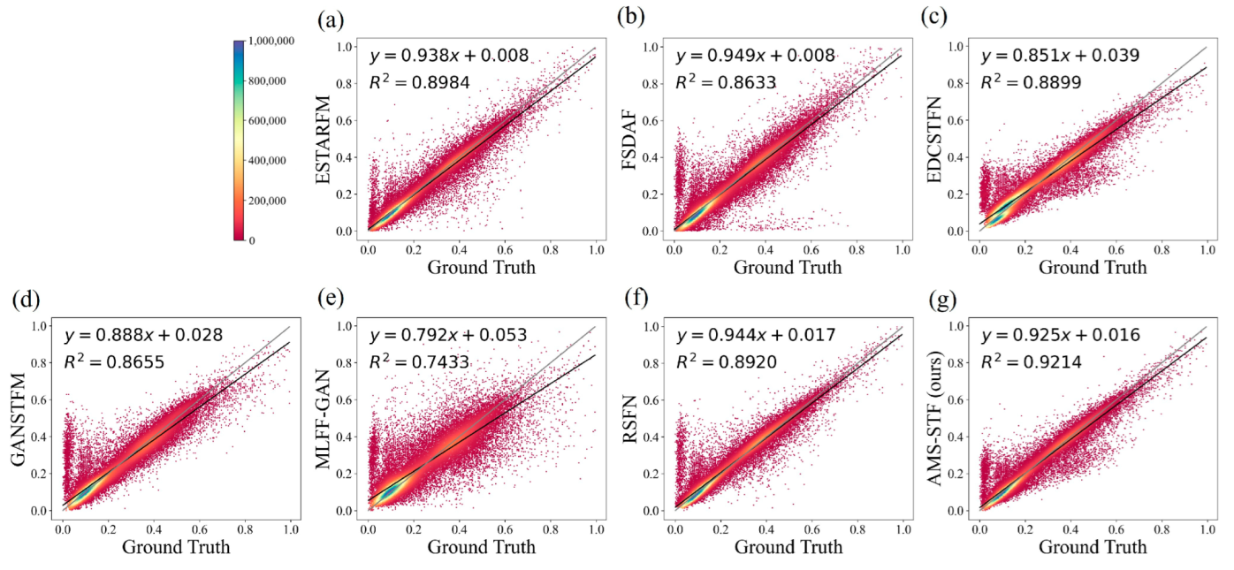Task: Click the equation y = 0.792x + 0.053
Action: click(x=449, y=336)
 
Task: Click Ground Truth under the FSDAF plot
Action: click(x=788, y=267)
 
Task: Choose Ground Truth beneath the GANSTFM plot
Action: click(x=176, y=547)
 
